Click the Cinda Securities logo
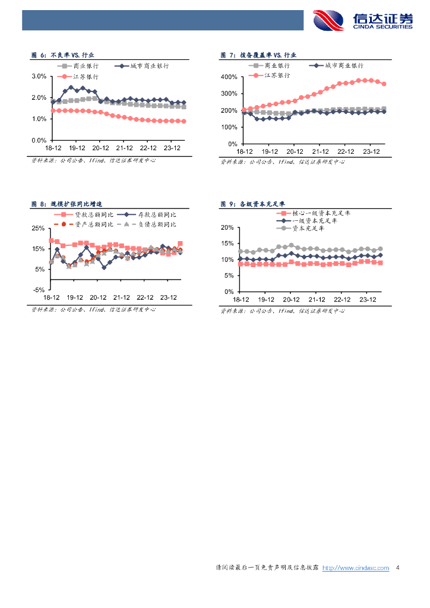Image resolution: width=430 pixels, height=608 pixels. point(363,20)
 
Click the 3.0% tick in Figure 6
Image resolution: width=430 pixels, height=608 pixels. point(39,76)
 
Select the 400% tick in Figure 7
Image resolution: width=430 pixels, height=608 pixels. point(229,77)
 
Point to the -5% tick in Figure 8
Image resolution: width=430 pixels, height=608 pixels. point(39,290)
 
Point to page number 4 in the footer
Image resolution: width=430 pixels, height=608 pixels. point(397,568)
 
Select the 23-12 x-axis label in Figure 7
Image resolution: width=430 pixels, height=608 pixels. point(371,152)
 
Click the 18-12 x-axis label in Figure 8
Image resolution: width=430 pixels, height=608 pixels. point(52,297)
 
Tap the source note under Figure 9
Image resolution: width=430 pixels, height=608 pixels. point(282,311)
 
